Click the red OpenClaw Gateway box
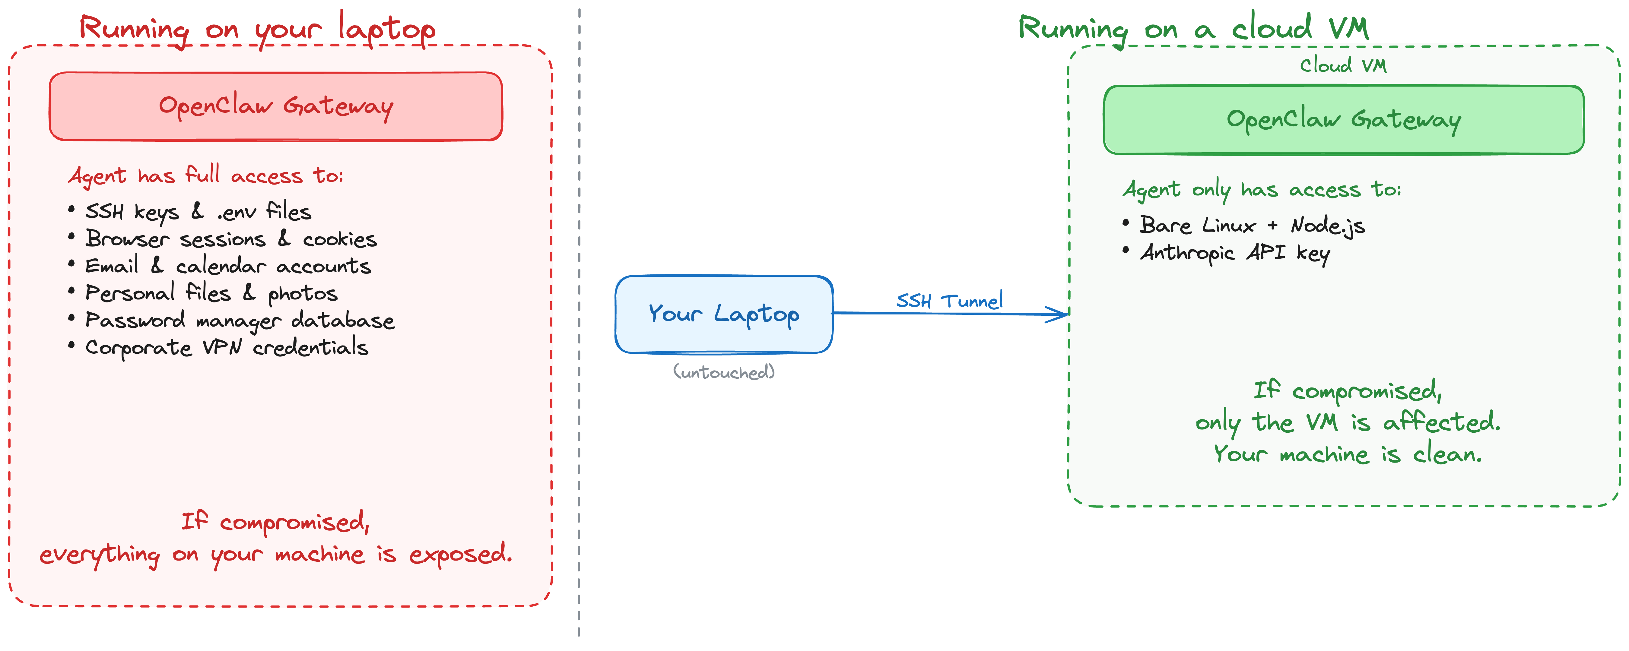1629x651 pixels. pos(276,106)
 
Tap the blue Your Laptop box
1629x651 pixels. pos(723,314)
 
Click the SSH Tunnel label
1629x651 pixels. pos(949,301)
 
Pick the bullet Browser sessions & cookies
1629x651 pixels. pos(231,239)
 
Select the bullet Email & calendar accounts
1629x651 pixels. pos(228,266)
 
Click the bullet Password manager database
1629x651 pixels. pos(240,321)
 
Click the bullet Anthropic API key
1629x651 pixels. pos(1234,253)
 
